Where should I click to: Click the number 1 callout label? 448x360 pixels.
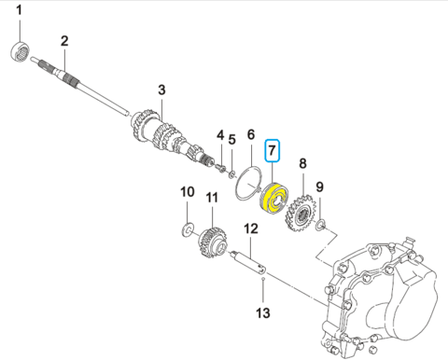19,10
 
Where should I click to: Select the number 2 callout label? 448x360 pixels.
64,41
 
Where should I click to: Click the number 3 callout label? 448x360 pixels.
161,90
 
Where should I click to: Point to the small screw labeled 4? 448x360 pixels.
220,167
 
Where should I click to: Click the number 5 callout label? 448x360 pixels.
232,140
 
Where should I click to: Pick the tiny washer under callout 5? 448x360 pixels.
231,175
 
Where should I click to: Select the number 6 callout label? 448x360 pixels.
251,134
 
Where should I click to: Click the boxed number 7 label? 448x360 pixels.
273,150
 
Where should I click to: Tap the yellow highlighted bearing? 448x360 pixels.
274,199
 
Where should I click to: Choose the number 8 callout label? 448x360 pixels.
302,163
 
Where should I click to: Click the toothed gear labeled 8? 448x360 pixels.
300,213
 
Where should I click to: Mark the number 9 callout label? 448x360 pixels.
320,187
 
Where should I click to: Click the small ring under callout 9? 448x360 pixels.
320,224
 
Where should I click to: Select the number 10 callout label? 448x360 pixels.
188,192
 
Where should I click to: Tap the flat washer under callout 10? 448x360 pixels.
188,230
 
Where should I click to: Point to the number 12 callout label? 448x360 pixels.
251,228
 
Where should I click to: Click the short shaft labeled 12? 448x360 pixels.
248,263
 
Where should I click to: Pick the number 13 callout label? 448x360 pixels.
263,313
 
